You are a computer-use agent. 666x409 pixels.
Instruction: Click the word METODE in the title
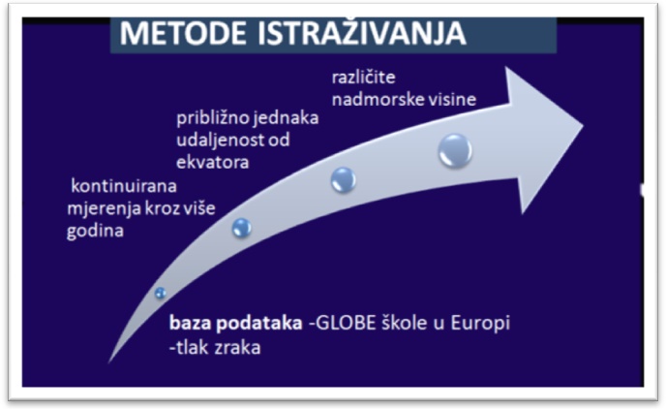[x=184, y=33]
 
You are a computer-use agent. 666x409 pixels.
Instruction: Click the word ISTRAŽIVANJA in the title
[x=362, y=32]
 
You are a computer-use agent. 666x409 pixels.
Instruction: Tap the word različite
[x=364, y=78]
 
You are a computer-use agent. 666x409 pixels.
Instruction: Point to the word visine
[x=455, y=100]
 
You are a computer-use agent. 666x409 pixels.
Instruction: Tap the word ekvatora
[x=212, y=162]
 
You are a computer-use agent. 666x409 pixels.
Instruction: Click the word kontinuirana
[x=124, y=186]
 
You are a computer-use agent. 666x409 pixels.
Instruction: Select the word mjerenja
[x=105, y=208]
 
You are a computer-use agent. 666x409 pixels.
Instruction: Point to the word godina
[x=95, y=231]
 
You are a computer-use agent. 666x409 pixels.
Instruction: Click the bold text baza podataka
[x=236, y=323]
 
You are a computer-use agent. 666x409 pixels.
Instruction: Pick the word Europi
[x=480, y=324]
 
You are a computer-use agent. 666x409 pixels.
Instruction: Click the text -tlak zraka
[x=215, y=348]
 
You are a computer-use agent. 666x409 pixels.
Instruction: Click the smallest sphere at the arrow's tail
[x=160, y=293]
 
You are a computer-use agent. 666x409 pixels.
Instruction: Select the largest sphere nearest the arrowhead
[x=455, y=150]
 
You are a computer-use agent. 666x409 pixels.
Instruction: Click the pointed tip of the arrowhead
[x=583, y=126]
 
